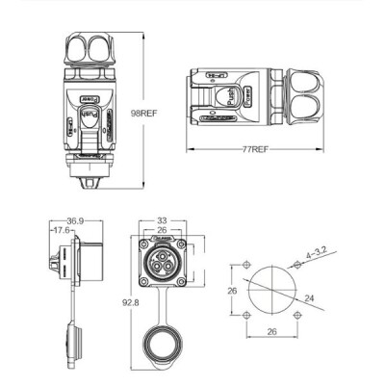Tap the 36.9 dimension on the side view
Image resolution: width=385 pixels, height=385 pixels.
point(64,220)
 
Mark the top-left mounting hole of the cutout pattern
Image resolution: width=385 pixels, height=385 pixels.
point(246,264)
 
